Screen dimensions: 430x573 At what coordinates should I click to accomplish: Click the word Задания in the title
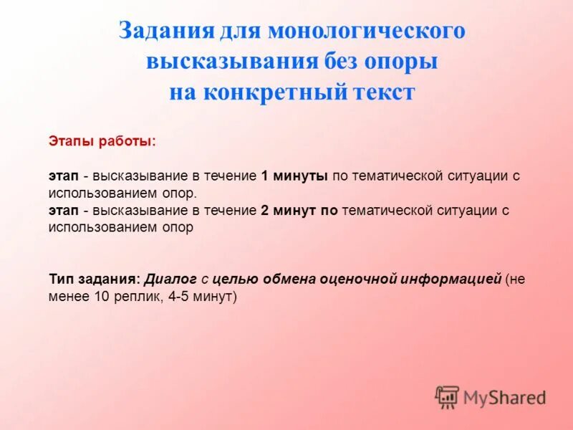pyautogui.click(x=165, y=32)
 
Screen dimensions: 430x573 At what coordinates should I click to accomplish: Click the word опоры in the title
pyautogui.click(x=403, y=62)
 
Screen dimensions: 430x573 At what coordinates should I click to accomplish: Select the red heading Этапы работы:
pyautogui.click(x=101, y=141)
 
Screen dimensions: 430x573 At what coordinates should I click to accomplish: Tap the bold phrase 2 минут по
pyautogui.click(x=299, y=211)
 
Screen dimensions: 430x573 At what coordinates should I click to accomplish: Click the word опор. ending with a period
pyautogui.click(x=178, y=193)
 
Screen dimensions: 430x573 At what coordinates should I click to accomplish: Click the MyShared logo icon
pyautogui.click(x=447, y=396)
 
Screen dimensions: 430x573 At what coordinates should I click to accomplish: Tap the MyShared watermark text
pyautogui.click(x=504, y=397)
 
